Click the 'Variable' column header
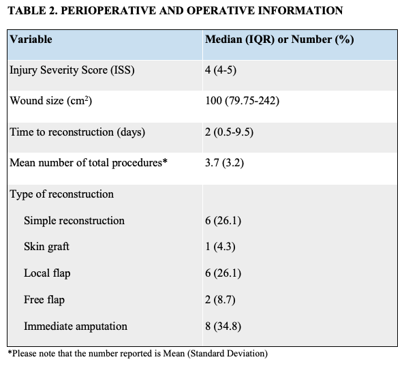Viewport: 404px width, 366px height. (31, 39)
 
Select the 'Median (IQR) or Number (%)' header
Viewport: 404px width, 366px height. (279, 39)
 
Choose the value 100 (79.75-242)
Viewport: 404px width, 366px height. (242, 101)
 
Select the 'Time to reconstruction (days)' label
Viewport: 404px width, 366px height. (77, 132)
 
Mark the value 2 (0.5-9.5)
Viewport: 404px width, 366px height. (230, 132)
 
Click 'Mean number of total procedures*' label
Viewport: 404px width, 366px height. (89, 163)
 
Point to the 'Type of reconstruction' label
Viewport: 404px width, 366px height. (61, 194)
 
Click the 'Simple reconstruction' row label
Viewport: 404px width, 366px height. (74, 221)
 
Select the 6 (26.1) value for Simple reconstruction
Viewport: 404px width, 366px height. (223, 221)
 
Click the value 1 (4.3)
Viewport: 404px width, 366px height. (221, 247)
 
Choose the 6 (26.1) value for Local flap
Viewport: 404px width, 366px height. (223, 273)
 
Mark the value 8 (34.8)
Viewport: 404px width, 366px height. (223, 326)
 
